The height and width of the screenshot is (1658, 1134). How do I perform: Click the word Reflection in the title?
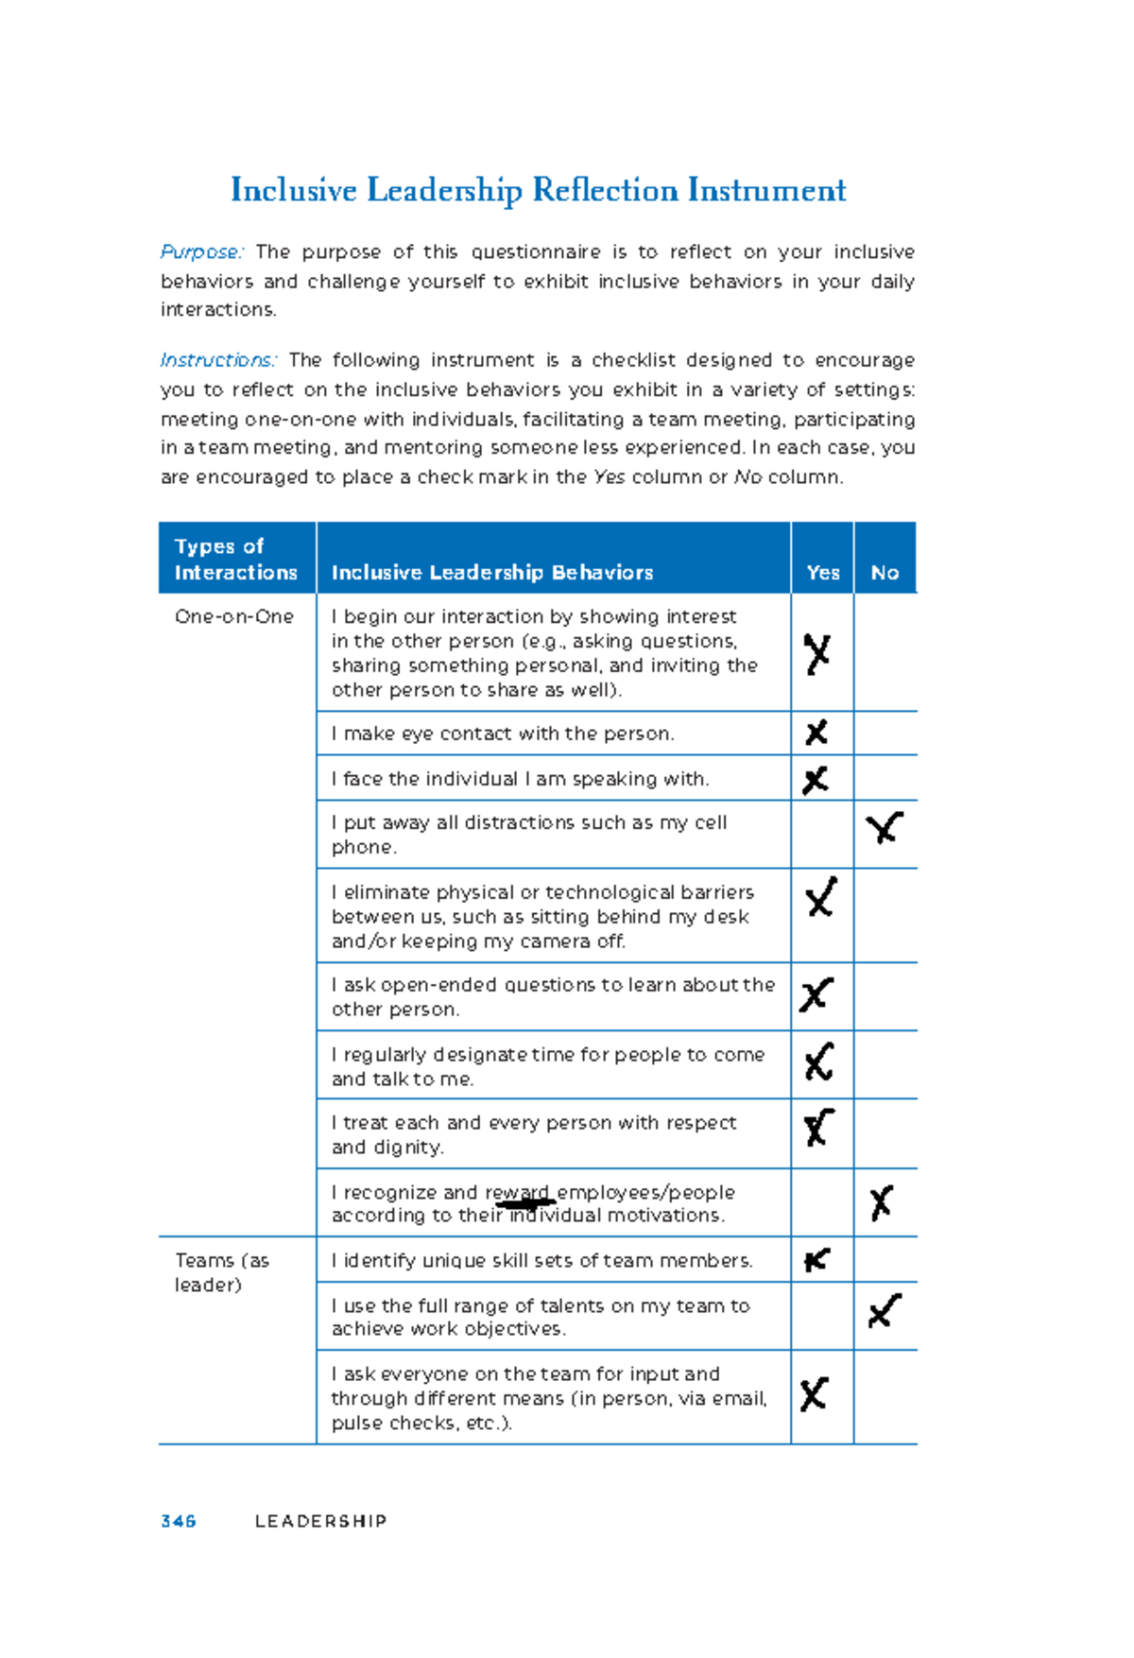click(x=604, y=190)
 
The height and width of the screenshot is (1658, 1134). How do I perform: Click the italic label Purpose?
click(x=202, y=252)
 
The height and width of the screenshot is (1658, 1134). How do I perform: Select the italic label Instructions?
click(x=218, y=360)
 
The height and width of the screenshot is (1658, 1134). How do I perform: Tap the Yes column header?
click(x=822, y=572)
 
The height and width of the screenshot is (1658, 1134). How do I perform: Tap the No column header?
click(x=885, y=572)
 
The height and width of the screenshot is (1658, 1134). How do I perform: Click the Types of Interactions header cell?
click(x=235, y=559)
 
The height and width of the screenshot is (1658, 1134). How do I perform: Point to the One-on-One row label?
click(x=233, y=616)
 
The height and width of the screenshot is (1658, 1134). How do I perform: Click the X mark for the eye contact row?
click(x=816, y=733)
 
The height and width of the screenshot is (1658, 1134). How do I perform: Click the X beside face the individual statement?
click(x=815, y=780)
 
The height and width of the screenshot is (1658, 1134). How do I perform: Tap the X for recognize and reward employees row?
click(x=881, y=1202)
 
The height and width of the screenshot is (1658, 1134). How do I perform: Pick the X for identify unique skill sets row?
click(x=816, y=1260)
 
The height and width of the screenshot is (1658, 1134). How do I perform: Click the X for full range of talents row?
click(x=884, y=1311)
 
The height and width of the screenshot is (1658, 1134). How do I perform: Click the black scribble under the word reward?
click(x=525, y=1203)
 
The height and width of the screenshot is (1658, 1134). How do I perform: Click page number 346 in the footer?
click(x=178, y=1521)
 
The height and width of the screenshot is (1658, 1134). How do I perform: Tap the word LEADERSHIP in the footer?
click(x=320, y=1521)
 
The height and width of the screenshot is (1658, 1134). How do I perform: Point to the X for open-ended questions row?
click(x=816, y=993)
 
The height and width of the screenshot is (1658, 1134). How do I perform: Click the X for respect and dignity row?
click(x=817, y=1127)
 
